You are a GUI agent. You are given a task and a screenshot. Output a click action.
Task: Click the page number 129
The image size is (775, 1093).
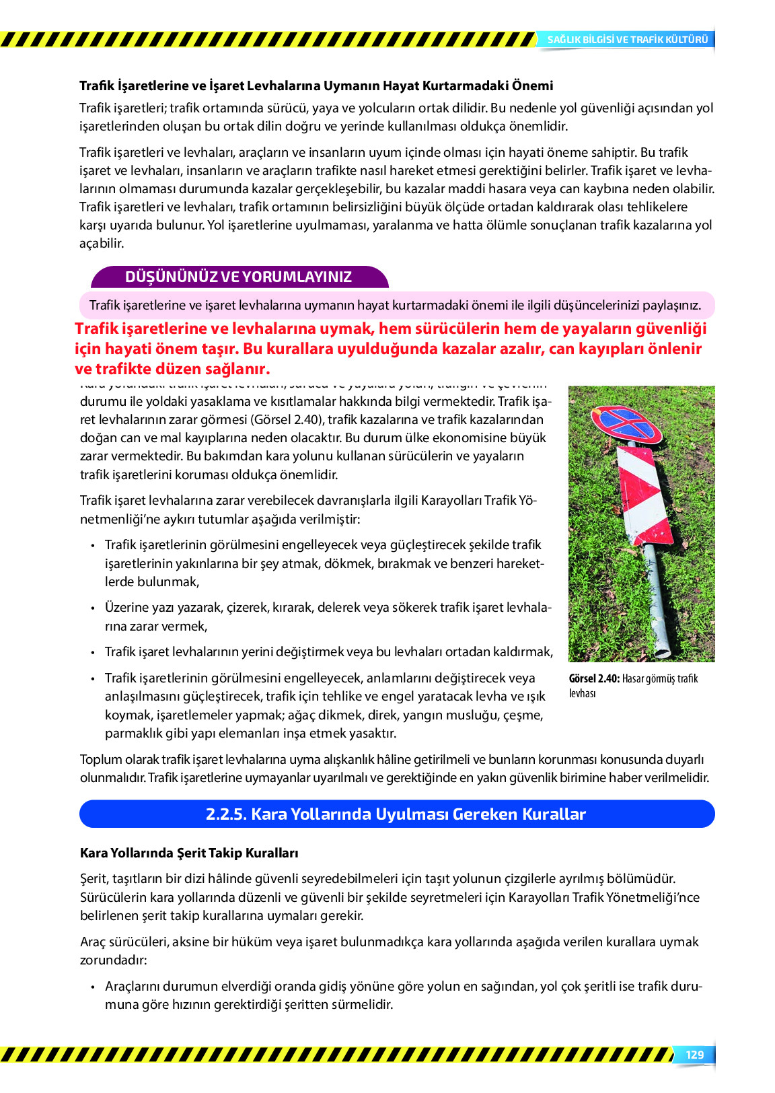694,1055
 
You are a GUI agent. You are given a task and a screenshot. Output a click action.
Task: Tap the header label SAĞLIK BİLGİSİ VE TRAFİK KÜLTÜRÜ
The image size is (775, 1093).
627,40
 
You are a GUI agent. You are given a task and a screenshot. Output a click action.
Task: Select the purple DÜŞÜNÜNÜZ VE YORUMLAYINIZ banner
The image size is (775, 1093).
238,277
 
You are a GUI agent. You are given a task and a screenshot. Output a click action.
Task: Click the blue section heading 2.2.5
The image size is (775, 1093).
396,814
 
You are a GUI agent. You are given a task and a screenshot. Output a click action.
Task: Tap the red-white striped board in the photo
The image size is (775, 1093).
644,495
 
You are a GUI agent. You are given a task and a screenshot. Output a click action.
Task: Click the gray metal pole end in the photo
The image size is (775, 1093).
662,650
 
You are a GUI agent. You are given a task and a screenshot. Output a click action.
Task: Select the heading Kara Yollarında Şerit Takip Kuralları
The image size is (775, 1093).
189,853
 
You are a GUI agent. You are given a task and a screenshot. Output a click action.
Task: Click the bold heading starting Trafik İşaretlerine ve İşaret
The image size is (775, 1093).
316,85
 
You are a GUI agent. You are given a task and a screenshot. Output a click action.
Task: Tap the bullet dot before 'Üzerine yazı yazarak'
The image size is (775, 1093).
92,608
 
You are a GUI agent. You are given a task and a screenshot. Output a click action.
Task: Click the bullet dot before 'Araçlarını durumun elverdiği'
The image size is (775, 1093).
92,987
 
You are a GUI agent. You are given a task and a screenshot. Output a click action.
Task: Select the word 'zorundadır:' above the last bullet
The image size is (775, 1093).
113,960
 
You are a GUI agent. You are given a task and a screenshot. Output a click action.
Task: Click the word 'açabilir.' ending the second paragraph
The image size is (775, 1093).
102,243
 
